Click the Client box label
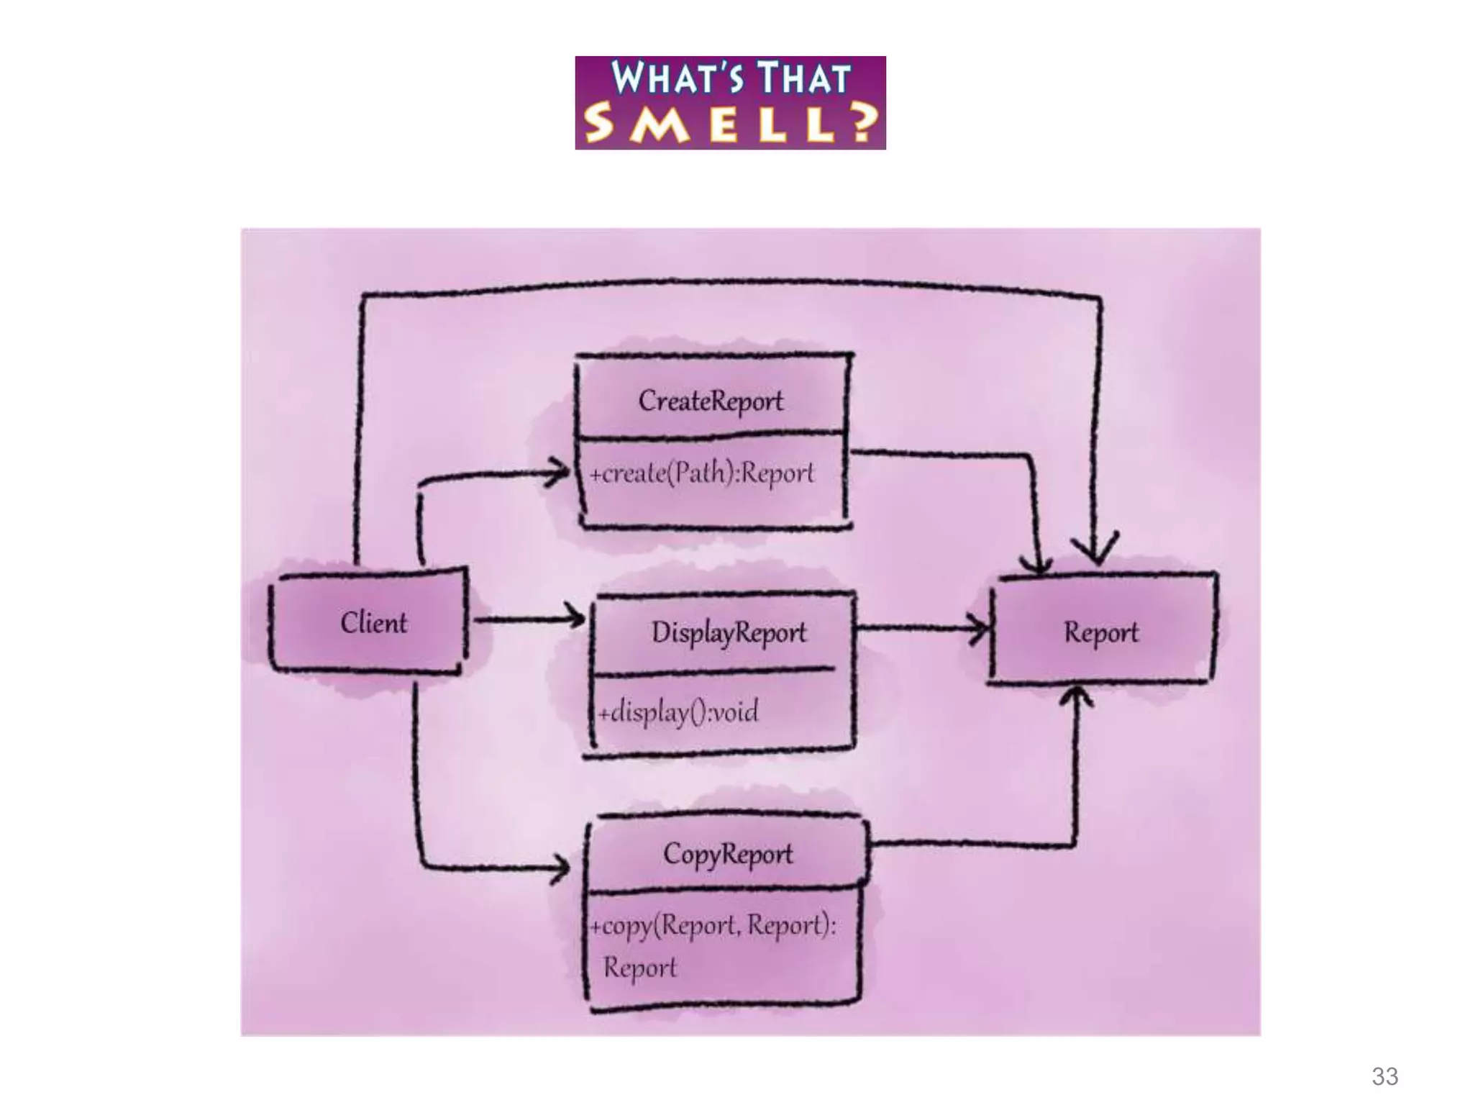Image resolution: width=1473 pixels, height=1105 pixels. point(373,622)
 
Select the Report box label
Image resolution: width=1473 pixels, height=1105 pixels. point(1100,632)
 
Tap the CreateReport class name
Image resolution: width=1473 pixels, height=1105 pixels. point(711,401)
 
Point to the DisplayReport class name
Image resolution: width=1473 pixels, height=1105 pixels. point(729,632)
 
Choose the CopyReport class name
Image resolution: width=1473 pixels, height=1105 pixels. point(727,854)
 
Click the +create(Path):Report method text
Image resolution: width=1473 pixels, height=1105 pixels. point(702,473)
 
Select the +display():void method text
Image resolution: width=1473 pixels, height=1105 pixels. point(678,711)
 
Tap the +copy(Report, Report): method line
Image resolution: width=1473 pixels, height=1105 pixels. point(713,924)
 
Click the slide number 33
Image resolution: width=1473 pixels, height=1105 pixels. point(1385,1076)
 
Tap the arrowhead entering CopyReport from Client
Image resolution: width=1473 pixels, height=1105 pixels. point(560,868)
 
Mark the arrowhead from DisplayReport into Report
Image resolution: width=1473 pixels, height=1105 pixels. point(979,629)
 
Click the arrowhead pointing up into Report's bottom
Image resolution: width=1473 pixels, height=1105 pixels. point(1076,696)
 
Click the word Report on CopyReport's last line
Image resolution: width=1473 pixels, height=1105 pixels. point(639,967)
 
